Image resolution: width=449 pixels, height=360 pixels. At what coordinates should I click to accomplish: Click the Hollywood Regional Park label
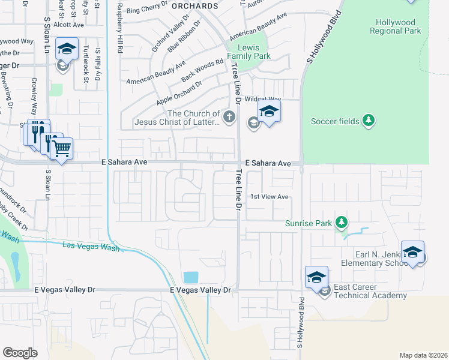(395, 26)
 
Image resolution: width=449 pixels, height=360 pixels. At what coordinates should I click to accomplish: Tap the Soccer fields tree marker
(369, 121)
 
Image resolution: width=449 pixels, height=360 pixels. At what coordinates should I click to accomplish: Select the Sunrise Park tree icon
(342, 223)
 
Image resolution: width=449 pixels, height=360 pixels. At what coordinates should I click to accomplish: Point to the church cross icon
(228, 116)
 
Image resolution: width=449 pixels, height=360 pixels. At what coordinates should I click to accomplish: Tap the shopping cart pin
(62, 148)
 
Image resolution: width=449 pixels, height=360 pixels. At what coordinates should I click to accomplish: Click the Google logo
(20, 353)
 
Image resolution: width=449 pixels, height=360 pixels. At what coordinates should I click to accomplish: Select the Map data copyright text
(423, 355)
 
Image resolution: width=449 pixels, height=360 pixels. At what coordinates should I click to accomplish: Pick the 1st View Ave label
(270, 197)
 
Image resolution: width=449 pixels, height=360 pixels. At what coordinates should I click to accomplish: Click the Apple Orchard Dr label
(179, 94)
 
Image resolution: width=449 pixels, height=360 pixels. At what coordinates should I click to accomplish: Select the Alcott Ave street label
(68, 25)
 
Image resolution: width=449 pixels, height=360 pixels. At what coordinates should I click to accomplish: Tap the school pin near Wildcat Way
(270, 111)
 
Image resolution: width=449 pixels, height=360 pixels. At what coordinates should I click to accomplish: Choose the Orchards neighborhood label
(194, 6)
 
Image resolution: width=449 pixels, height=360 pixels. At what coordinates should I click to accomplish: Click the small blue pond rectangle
(191, 277)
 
